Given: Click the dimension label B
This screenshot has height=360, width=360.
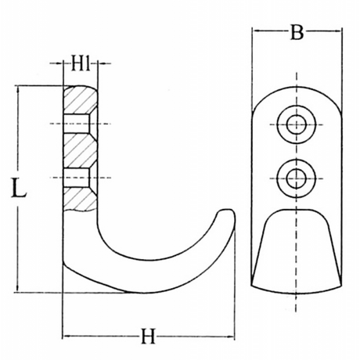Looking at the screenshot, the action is click(x=297, y=32).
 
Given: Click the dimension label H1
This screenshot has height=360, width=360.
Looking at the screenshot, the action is click(x=81, y=63).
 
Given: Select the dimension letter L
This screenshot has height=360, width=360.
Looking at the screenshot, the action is click(x=19, y=187).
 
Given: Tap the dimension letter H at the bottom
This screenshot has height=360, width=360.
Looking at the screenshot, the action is click(x=149, y=337).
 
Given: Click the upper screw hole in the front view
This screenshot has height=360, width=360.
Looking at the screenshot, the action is click(x=297, y=124).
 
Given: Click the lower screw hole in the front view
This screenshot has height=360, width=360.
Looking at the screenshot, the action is click(x=297, y=178).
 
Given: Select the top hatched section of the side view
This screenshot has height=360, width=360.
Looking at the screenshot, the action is click(x=80, y=100).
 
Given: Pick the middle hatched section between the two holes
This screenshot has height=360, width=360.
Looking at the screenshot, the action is click(x=80, y=151).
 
